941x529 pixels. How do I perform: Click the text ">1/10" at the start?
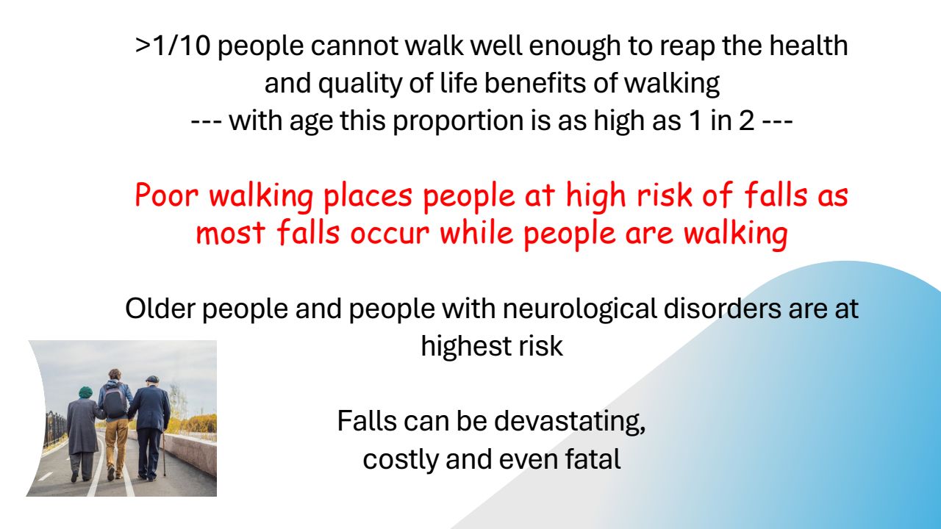pos(173,46)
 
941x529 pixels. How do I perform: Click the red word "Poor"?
pos(166,195)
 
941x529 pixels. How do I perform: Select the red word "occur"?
pos(390,233)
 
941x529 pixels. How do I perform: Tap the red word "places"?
pos(368,196)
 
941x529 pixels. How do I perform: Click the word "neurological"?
pos(580,309)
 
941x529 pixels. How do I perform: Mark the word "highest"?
pos(466,346)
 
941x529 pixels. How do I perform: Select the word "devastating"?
pos(570,421)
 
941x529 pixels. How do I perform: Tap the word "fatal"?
pos(593,458)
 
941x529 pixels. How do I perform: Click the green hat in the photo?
pos(85,392)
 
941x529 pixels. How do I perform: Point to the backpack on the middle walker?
pos(115,402)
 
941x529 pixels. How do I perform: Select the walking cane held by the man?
pos(164,456)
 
